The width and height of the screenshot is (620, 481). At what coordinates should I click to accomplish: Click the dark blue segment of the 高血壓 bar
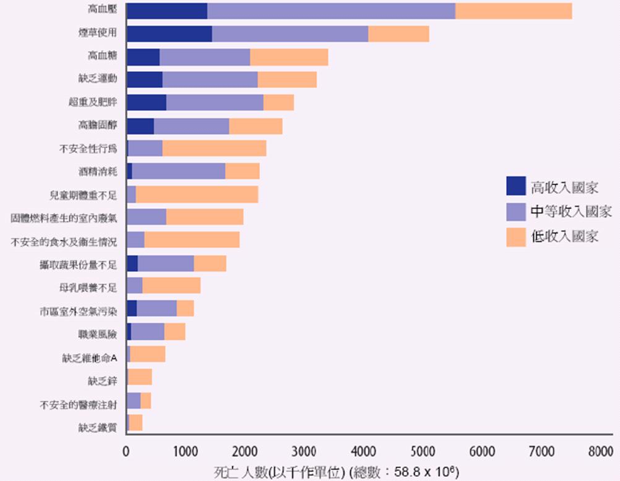coord(166,11)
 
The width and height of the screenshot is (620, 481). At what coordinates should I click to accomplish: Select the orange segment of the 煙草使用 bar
coord(398,34)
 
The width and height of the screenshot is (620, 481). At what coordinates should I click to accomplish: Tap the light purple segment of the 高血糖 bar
coord(205,57)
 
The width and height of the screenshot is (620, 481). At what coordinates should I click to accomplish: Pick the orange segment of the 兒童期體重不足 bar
coord(197,194)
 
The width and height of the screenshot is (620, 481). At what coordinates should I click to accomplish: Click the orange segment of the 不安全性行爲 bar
coord(214,149)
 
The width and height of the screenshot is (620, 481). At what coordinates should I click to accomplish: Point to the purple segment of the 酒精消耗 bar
coord(178,171)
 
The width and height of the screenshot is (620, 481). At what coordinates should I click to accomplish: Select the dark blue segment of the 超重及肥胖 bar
coord(147,103)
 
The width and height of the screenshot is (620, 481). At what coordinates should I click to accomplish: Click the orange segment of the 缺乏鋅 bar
coord(140,377)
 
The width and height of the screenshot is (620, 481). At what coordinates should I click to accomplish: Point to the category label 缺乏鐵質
coord(97,427)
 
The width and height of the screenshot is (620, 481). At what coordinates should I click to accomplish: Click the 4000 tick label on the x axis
coord(363,452)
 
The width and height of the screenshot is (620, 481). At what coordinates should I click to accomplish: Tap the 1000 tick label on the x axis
coord(185,452)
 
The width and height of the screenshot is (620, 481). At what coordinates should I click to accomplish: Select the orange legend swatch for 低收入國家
coord(516,237)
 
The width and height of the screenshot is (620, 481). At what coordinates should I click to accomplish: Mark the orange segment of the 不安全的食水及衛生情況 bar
coord(192,240)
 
